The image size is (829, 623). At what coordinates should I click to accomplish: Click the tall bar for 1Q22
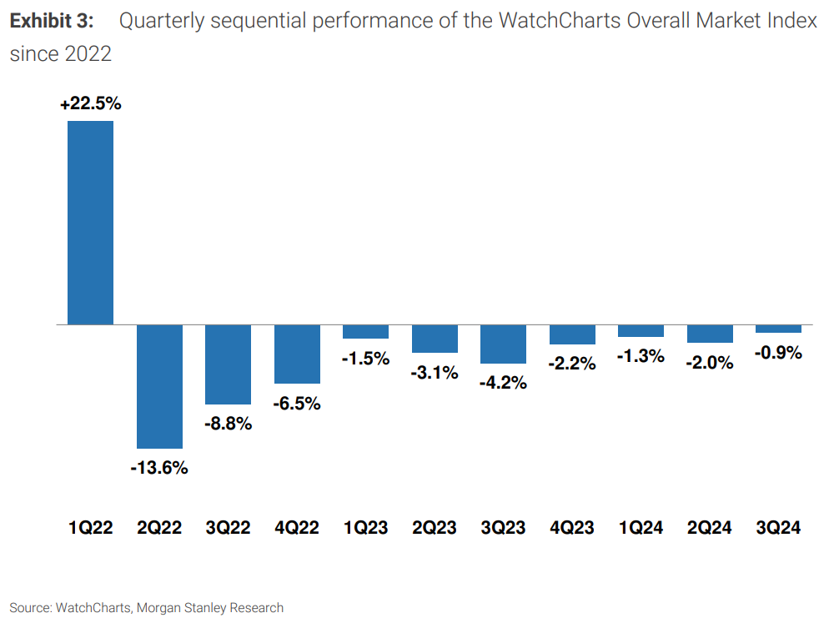click(x=90, y=222)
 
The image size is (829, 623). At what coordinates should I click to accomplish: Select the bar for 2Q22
click(x=159, y=386)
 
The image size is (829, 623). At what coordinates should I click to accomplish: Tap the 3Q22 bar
click(x=228, y=364)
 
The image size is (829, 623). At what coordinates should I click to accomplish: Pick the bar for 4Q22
click(x=297, y=354)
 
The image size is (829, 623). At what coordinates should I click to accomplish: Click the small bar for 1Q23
click(x=365, y=331)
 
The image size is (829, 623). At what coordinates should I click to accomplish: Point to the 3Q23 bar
click(x=503, y=344)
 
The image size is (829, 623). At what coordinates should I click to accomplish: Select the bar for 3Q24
click(x=778, y=329)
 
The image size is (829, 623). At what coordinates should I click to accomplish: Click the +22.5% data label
click(x=90, y=104)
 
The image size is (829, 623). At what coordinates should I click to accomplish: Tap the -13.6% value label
click(x=159, y=468)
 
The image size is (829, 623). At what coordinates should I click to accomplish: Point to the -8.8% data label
click(x=228, y=424)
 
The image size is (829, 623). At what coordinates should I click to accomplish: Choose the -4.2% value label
click(x=503, y=384)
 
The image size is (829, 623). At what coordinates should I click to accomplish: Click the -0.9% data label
click(x=778, y=353)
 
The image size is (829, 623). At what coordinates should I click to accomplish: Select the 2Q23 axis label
click(x=435, y=528)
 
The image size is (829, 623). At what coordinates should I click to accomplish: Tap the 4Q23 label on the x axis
click(x=572, y=528)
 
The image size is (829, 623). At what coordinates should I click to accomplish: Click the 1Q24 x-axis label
click(x=641, y=528)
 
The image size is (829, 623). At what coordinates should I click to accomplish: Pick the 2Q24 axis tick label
click(x=710, y=528)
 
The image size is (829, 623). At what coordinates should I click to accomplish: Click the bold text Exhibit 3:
click(x=51, y=22)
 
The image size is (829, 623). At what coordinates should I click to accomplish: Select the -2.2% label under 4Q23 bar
click(x=572, y=364)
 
